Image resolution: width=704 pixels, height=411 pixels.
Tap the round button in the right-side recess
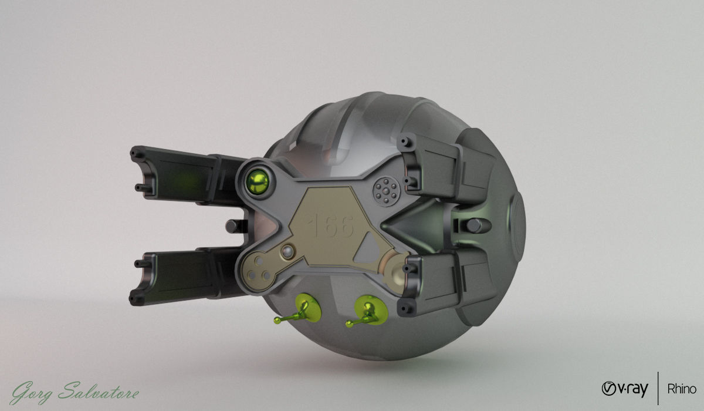click(x=474, y=225)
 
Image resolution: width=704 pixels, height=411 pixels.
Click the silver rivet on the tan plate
click(x=287, y=252)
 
